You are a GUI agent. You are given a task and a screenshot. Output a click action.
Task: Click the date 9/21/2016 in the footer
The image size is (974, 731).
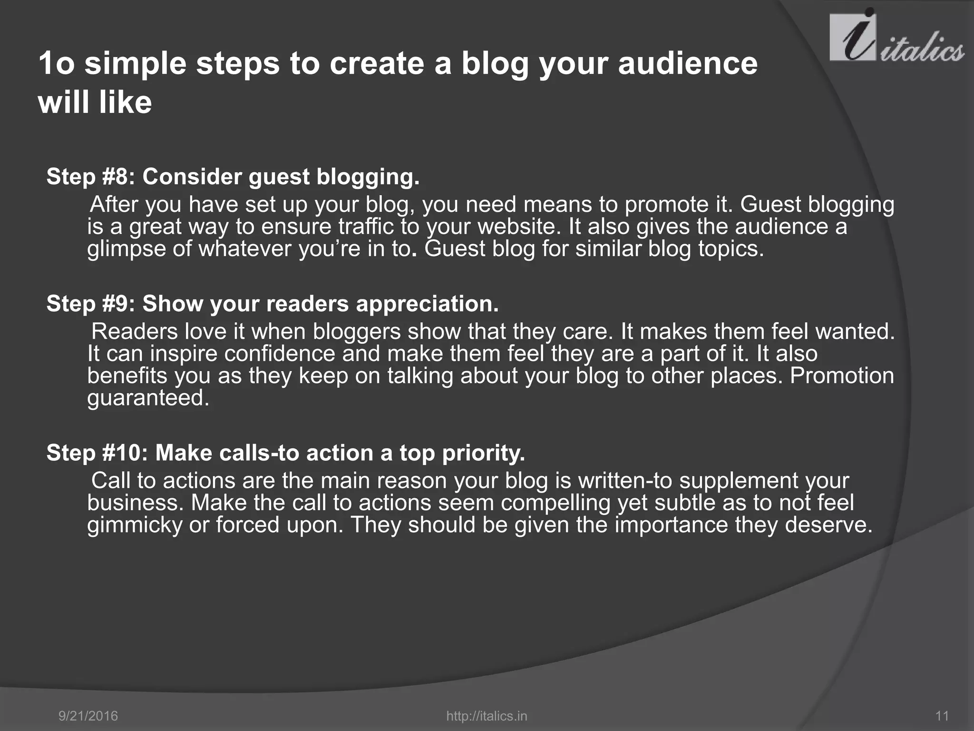(88, 716)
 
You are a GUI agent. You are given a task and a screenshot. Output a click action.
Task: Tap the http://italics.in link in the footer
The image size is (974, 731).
(487, 716)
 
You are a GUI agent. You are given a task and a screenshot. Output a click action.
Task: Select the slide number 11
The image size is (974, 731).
(942, 716)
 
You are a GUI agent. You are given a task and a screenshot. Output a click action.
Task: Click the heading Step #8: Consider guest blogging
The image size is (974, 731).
(233, 177)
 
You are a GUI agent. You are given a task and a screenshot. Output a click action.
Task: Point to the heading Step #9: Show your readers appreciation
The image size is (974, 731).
(273, 304)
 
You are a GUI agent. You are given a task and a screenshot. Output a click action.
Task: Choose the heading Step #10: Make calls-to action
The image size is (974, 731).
(285, 453)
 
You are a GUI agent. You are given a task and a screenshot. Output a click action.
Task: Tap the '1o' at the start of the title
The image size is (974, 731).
(57, 63)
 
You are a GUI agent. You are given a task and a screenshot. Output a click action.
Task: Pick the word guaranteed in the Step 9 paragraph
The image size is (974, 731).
(147, 398)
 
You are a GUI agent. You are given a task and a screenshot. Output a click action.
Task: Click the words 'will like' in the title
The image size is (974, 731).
(95, 102)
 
